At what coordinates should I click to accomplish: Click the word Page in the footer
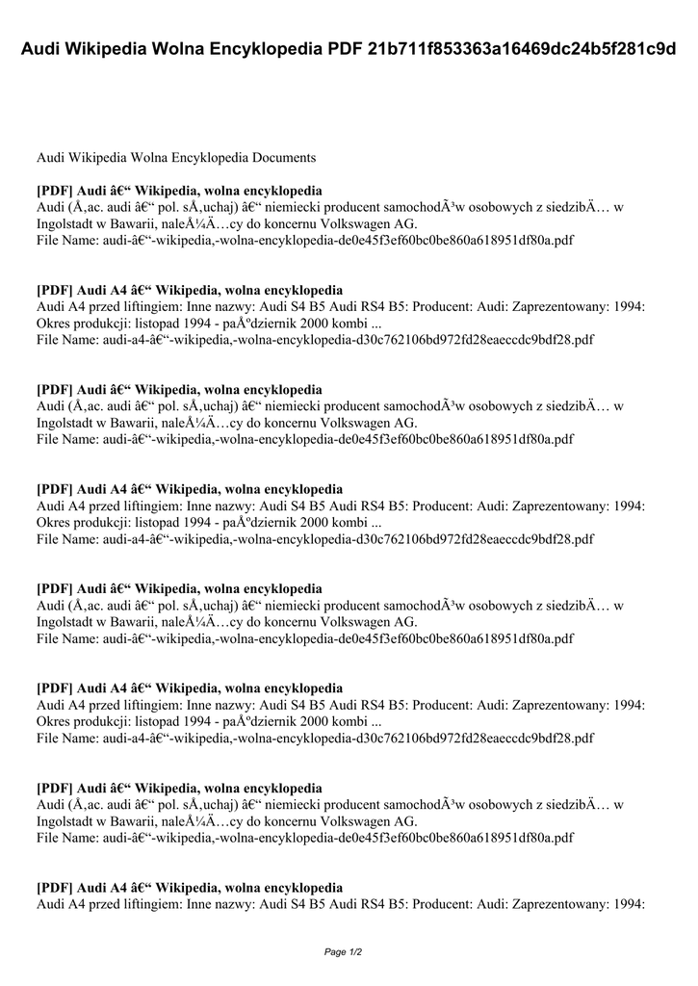point(335,952)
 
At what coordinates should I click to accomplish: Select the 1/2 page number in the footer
point(357,952)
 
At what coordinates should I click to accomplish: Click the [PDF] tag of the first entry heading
point(55,191)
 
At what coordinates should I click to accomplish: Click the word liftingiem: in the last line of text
point(164,904)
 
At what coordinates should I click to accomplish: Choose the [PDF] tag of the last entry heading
point(55,888)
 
